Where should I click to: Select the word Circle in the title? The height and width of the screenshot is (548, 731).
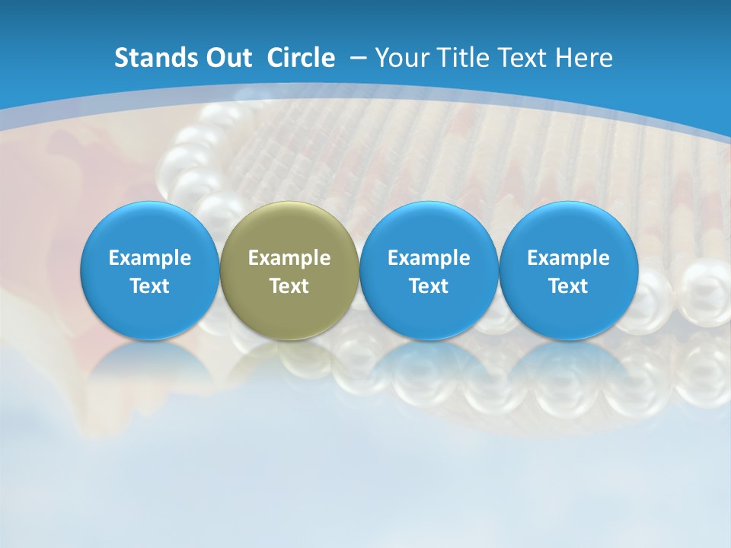click(x=301, y=58)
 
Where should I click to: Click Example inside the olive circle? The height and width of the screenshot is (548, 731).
click(x=289, y=258)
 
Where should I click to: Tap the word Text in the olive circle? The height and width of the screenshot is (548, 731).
click(x=289, y=286)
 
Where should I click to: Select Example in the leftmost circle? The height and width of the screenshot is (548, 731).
click(x=150, y=258)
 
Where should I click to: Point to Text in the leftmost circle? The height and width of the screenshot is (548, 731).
click(x=150, y=286)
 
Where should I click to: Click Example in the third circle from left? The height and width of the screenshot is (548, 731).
click(x=429, y=258)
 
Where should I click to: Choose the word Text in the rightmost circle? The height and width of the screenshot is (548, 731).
click(x=568, y=286)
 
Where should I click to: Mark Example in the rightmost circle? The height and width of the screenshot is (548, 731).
click(x=568, y=258)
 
